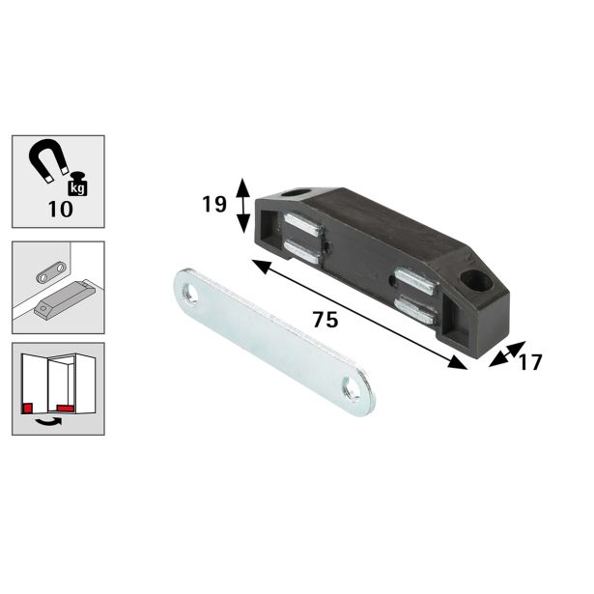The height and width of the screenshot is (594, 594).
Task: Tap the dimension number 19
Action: [x=214, y=205]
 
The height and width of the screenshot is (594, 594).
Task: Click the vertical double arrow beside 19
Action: [x=243, y=205]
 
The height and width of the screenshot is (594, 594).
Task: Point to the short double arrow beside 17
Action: [x=502, y=354]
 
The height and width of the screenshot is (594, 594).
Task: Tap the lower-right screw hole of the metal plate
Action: [x=347, y=391]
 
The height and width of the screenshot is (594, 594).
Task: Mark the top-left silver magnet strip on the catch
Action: [x=301, y=228]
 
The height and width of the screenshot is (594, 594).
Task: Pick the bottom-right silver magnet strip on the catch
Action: [x=417, y=310]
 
